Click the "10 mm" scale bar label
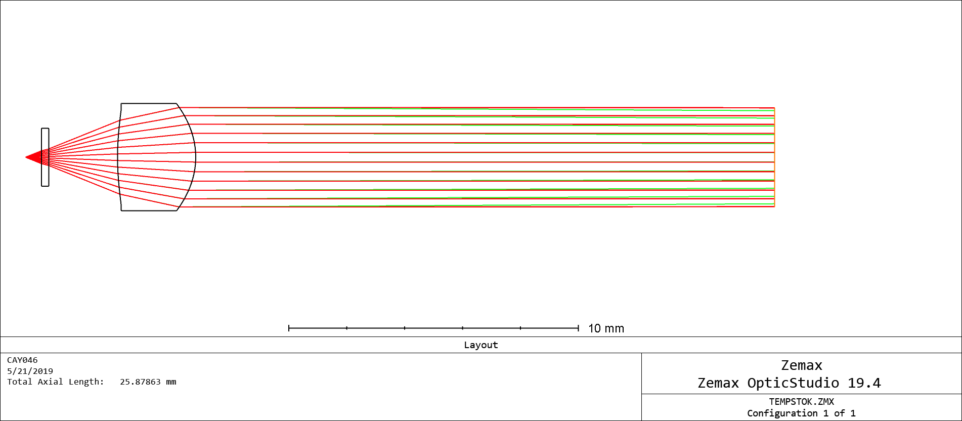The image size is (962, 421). pos(606,328)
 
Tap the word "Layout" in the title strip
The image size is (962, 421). pos(480,345)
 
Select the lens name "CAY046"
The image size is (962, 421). pos(22,360)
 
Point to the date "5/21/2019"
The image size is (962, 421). pos(30,371)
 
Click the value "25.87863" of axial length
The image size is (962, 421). pos(140,382)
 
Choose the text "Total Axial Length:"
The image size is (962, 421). pos(56,382)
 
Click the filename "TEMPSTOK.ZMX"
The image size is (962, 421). pos(802,402)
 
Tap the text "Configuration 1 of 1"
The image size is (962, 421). pos(802,413)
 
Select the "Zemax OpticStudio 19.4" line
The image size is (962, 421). pos(789,383)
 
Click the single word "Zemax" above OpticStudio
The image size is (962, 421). pos(802,365)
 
